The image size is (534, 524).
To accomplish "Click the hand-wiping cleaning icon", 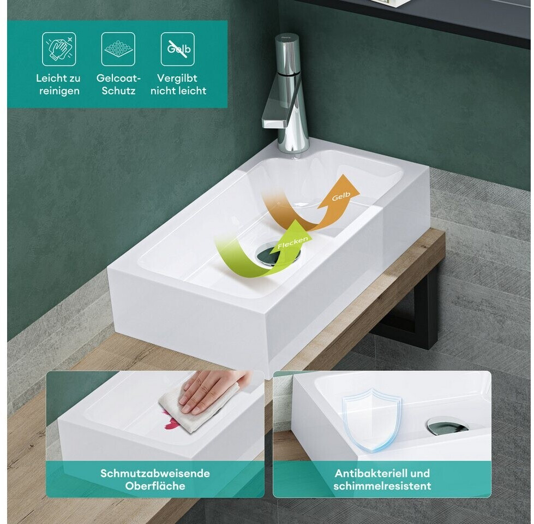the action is point(59,49).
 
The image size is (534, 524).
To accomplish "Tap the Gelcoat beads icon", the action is point(118,49).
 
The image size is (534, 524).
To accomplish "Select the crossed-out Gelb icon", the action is point(178,49).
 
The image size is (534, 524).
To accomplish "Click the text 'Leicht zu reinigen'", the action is point(58,85).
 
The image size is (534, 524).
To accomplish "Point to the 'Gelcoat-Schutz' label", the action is point(118,85).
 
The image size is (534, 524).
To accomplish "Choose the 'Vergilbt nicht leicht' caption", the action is point(178,85).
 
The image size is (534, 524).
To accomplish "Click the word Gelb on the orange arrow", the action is point(341,196).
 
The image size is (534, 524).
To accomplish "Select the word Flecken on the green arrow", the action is point(292,242).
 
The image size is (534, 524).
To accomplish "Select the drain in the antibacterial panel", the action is point(447,426).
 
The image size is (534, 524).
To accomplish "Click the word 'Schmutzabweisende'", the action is point(155,473).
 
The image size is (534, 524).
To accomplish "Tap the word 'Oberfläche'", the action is point(155,486).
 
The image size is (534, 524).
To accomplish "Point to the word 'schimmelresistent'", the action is point(382,486).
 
